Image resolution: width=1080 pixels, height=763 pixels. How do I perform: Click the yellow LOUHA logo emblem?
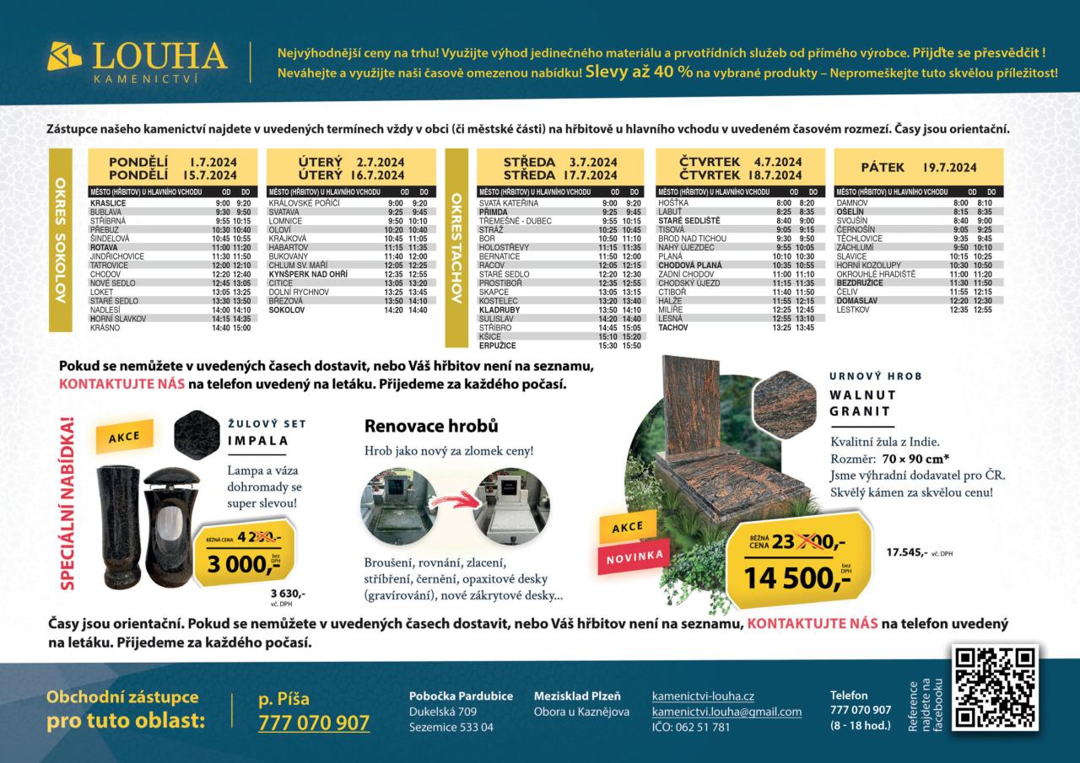click(x=66, y=57)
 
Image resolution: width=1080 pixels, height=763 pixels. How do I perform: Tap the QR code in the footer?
click(x=994, y=687)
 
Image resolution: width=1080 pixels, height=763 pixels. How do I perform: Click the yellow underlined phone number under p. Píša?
click(x=314, y=723)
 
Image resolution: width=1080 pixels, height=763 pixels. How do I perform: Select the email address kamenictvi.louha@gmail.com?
click(x=726, y=712)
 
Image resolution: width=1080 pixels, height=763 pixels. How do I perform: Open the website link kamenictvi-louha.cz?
click(x=703, y=696)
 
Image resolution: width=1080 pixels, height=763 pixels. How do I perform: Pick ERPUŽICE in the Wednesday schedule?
click(x=498, y=346)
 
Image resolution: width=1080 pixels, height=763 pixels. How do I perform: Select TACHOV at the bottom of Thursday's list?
click(x=673, y=327)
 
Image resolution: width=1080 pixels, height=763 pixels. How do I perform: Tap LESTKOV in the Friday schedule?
click(x=853, y=309)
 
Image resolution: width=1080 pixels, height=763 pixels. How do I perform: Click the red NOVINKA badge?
click(x=634, y=554)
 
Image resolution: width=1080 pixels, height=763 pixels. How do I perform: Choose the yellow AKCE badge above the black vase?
click(x=124, y=437)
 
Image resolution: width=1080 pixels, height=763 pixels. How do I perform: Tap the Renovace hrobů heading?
click(x=430, y=426)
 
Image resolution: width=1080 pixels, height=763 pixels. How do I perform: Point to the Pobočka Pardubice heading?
click(x=461, y=696)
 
